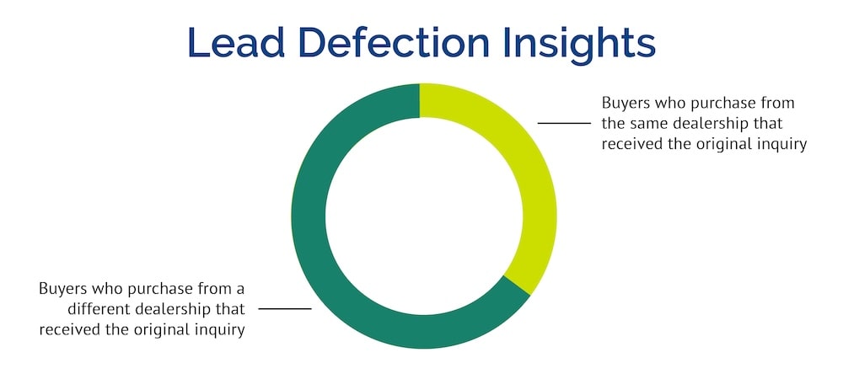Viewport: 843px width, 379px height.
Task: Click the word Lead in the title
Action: (236, 42)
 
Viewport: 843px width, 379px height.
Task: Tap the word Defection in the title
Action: (394, 42)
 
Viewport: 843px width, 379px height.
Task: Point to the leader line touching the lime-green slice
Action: (564, 123)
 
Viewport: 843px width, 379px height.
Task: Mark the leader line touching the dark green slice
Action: (285, 309)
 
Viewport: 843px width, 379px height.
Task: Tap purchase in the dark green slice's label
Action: (162, 290)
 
